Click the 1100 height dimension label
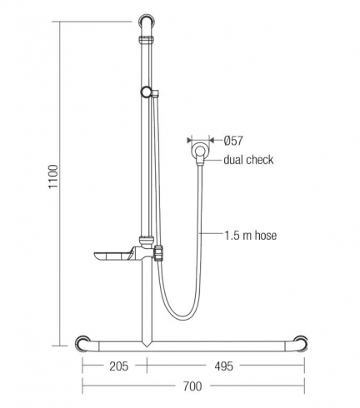[x=53, y=177]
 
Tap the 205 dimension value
[x=119, y=366]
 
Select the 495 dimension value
[x=223, y=366]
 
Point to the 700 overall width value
[x=192, y=386]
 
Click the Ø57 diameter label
[x=233, y=141]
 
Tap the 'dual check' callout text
[x=248, y=160]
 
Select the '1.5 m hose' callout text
[x=251, y=236]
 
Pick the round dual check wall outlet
[x=200, y=152]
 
